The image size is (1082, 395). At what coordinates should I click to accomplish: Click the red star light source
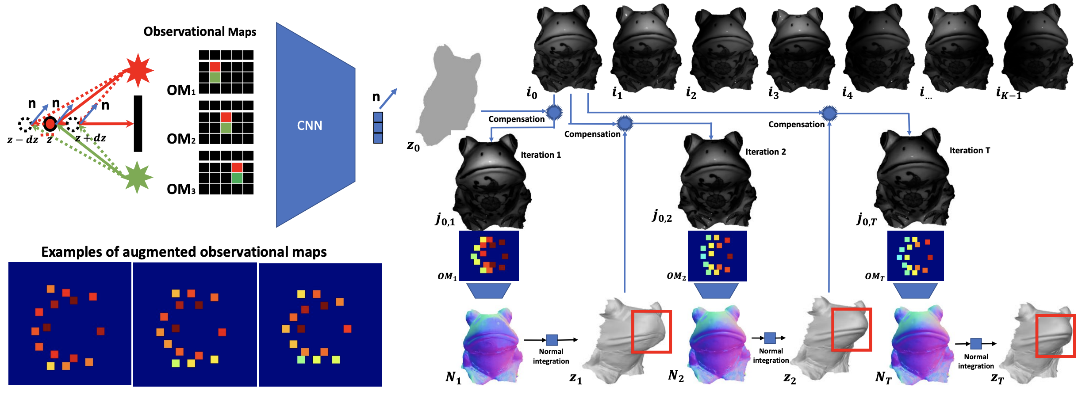pos(139,70)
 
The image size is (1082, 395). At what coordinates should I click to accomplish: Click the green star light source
pos(138,177)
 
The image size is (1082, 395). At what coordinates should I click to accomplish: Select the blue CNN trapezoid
pos(315,125)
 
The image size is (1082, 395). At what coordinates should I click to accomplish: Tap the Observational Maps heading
pos(200,32)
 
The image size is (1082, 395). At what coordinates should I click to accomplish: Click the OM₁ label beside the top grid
pos(181,91)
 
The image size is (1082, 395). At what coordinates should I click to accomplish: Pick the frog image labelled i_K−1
pos(1037,49)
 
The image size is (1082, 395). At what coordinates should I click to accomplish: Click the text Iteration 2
pos(765,152)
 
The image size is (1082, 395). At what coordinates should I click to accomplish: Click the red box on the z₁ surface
pos(651,331)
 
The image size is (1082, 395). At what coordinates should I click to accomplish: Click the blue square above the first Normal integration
pos(552,340)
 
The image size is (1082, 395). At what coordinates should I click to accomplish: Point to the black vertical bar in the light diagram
pos(138,124)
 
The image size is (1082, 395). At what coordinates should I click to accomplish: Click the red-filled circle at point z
pos(50,124)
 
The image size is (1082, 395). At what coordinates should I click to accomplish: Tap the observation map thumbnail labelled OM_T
pos(915,256)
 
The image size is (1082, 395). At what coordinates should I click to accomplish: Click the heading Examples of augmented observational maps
pos(184,252)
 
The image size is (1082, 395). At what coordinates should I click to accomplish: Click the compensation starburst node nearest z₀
pos(554,112)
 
